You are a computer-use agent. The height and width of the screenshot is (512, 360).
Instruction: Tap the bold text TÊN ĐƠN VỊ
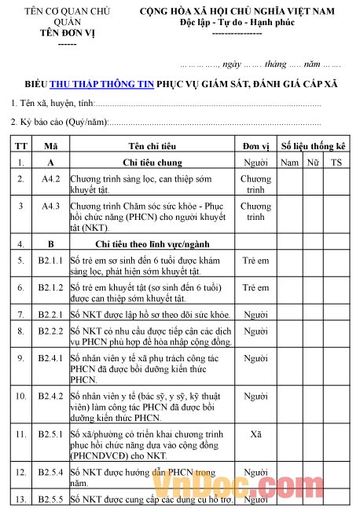tap(68, 34)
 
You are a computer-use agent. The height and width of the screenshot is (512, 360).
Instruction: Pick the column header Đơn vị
tap(255, 146)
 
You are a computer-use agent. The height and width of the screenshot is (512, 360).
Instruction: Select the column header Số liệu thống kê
tap(313, 146)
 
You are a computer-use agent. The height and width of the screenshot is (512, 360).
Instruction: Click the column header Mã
tap(51, 146)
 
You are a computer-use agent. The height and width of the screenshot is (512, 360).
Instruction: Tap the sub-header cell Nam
tap(289, 163)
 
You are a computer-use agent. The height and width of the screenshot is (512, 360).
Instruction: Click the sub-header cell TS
tap(336, 163)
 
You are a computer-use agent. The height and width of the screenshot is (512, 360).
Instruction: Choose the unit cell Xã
tap(255, 433)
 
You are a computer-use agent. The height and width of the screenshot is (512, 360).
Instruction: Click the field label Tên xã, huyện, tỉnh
tap(53, 104)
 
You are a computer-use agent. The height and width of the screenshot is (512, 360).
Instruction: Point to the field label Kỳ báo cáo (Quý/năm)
tap(61, 123)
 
